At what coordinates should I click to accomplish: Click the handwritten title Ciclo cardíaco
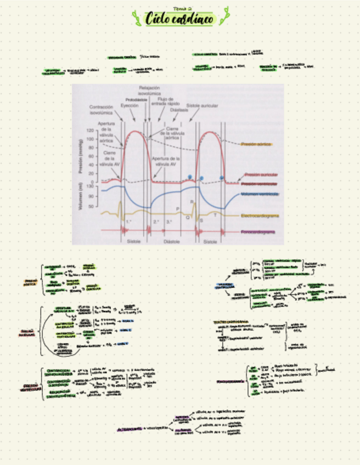[x=179, y=19]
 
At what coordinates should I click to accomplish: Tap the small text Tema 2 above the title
[x=182, y=9]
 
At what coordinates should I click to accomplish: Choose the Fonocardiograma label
[x=258, y=232]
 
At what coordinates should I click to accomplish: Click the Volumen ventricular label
[x=260, y=194]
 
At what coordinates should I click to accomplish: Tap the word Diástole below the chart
[x=172, y=241]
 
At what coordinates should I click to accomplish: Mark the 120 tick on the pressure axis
[x=89, y=132]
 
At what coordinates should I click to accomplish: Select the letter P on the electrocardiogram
[x=177, y=209]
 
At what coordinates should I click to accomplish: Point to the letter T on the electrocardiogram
[x=215, y=216]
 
